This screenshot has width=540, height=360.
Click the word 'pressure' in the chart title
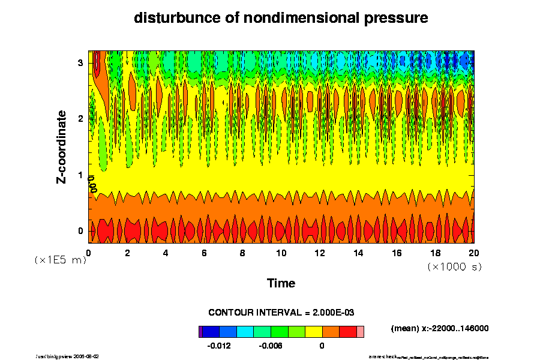click(x=395, y=18)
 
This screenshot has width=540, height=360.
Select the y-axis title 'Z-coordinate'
click(x=62, y=146)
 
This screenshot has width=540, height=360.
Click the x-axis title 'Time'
click(x=281, y=283)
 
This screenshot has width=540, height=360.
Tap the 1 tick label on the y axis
click(x=80, y=175)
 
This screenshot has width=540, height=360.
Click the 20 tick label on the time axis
click(x=474, y=253)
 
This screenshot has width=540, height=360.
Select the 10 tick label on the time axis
click(x=281, y=253)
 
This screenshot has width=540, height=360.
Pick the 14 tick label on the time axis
click(x=358, y=253)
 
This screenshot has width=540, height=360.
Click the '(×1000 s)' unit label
click(x=454, y=265)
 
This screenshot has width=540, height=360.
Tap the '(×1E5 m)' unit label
click(x=60, y=260)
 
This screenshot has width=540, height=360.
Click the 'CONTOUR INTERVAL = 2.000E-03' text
click(x=281, y=313)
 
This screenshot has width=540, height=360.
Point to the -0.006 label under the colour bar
click(x=270, y=346)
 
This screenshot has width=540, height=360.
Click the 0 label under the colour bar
click(x=322, y=346)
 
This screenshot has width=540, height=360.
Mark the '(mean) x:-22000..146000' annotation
click(x=440, y=328)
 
